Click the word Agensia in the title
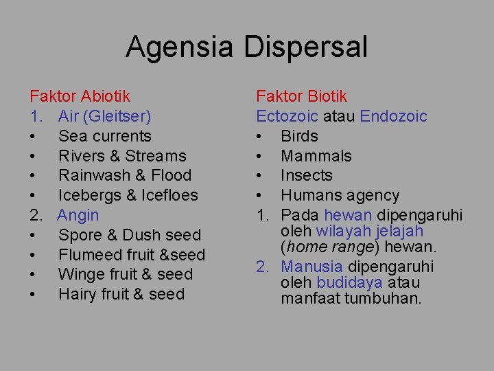180,47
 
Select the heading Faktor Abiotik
80,97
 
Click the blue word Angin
78,215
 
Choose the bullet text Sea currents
104,136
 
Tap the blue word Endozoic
393,117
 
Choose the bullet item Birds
299,136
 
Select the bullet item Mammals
316,156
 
